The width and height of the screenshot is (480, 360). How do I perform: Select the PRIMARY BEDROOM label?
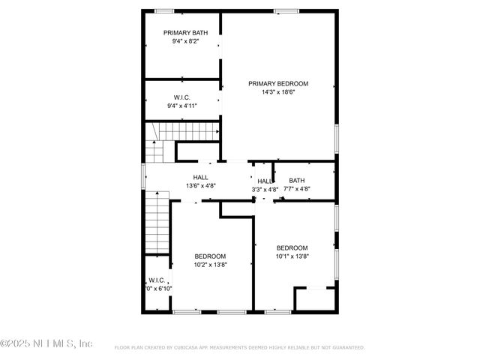click(278, 84)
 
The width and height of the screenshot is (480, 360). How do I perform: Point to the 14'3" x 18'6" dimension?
click(278, 93)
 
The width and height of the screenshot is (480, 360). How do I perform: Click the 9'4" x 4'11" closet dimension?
click(181, 106)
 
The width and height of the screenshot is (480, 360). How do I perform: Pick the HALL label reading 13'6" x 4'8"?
click(200, 178)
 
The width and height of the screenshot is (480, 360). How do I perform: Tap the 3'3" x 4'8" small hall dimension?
click(265, 190)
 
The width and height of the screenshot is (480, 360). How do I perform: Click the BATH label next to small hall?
click(297, 180)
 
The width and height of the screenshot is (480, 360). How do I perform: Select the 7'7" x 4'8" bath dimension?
click(297, 189)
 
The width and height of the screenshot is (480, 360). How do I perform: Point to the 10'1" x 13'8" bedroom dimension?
click(292, 257)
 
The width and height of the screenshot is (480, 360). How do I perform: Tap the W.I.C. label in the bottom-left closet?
click(157, 280)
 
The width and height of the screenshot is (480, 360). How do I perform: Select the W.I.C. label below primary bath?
click(181, 97)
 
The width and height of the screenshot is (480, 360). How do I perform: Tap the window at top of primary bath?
click(164, 10)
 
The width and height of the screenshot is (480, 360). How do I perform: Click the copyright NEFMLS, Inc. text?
click(46, 343)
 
